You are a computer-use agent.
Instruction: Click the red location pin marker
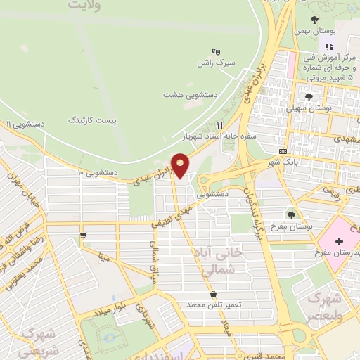tap(181, 165)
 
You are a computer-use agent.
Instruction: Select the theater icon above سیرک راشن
tap(217, 51)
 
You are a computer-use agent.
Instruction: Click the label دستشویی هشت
tap(191, 94)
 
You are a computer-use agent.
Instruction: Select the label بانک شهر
tap(280, 162)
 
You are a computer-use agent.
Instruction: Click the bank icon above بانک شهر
tap(283, 151)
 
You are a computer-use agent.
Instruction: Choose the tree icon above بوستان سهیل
tap(309, 96)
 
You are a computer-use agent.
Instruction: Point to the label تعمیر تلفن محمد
tap(214, 305)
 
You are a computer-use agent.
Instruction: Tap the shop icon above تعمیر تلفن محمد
tap(213, 294)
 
